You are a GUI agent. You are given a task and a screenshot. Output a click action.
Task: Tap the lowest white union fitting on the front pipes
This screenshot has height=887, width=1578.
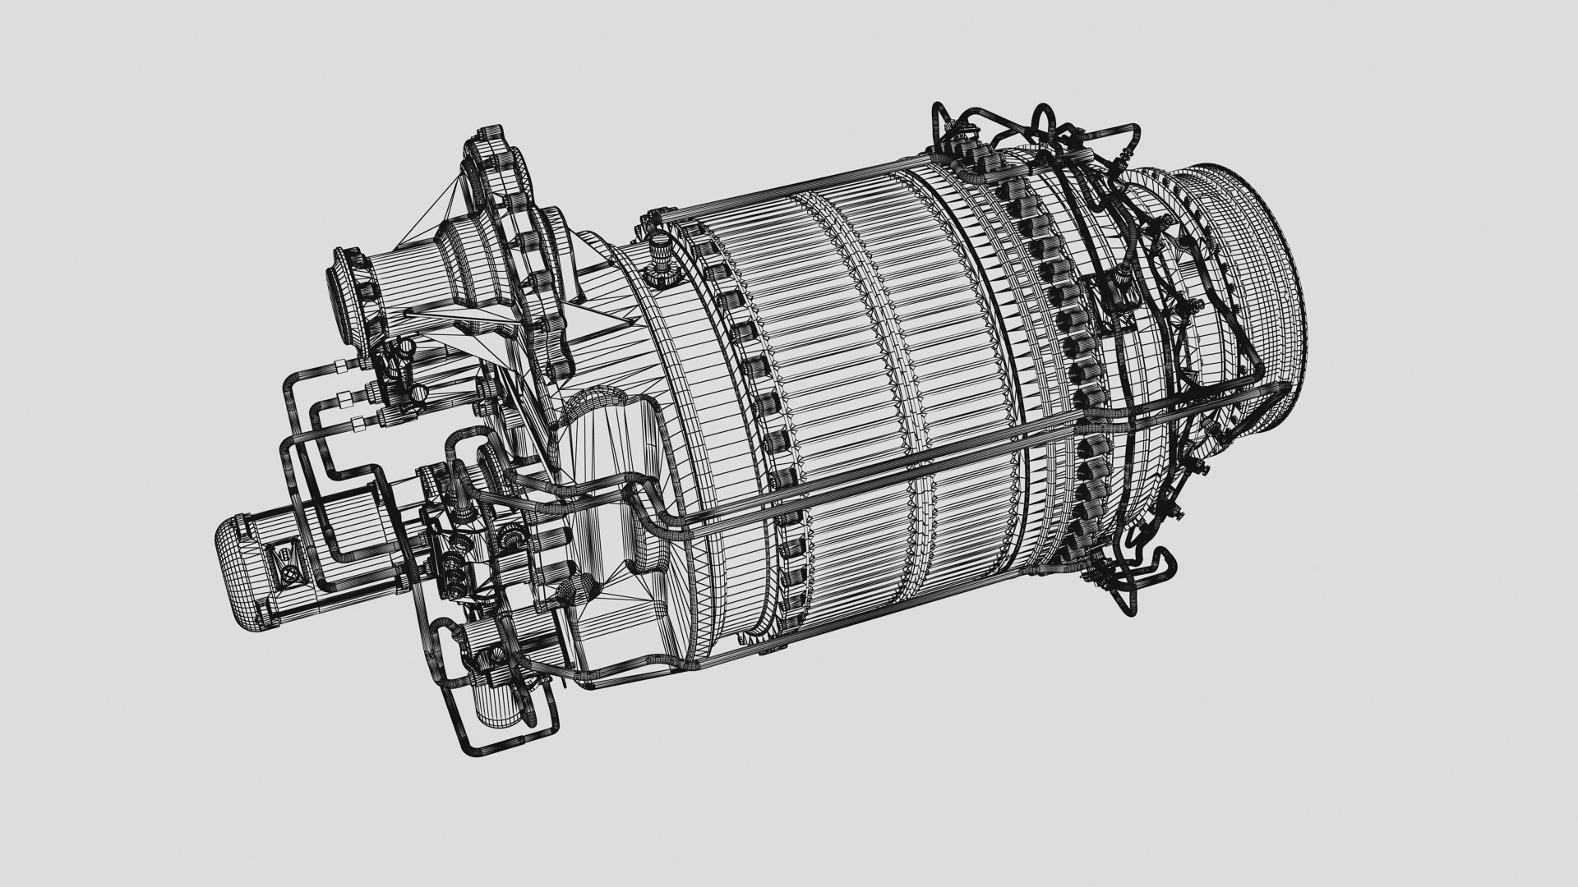pyautogui.click(x=357, y=424)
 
